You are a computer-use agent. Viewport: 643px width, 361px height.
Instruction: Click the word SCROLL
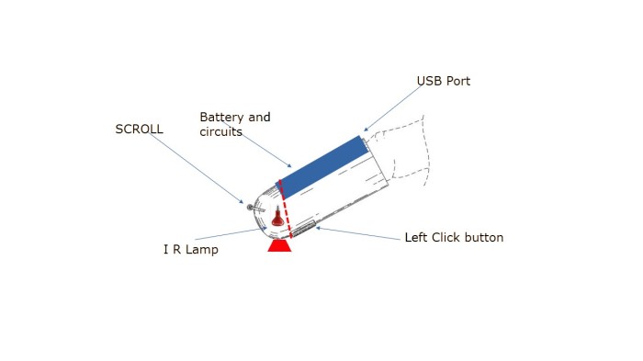tap(139, 129)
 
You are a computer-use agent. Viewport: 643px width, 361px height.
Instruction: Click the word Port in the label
tap(458, 81)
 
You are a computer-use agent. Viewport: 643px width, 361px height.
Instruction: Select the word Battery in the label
tap(221, 118)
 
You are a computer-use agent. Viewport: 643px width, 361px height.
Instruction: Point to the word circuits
tap(220, 131)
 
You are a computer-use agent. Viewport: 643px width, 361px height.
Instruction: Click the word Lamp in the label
tap(202, 250)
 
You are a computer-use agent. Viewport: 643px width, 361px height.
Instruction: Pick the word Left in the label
tap(416, 237)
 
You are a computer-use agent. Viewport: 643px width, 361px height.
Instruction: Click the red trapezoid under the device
tap(279, 246)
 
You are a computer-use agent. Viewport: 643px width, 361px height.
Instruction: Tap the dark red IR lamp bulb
tap(278, 218)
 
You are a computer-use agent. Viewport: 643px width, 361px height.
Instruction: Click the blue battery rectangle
tap(322, 166)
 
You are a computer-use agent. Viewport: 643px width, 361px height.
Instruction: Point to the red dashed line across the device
tap(285, 209)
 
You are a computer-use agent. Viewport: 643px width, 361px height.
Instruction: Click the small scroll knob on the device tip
tap(250, 208)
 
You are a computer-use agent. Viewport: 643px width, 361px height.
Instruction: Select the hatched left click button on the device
tap(303, 229)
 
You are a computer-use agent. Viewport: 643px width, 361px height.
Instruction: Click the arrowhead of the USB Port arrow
tap(366, 130)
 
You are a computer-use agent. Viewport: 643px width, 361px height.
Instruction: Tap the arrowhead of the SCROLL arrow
tap(242, 201)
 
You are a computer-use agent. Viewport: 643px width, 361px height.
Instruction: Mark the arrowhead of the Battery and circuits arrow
tap(289, 165)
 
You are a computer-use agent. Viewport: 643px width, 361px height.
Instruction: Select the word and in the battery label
tap(260, 118)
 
